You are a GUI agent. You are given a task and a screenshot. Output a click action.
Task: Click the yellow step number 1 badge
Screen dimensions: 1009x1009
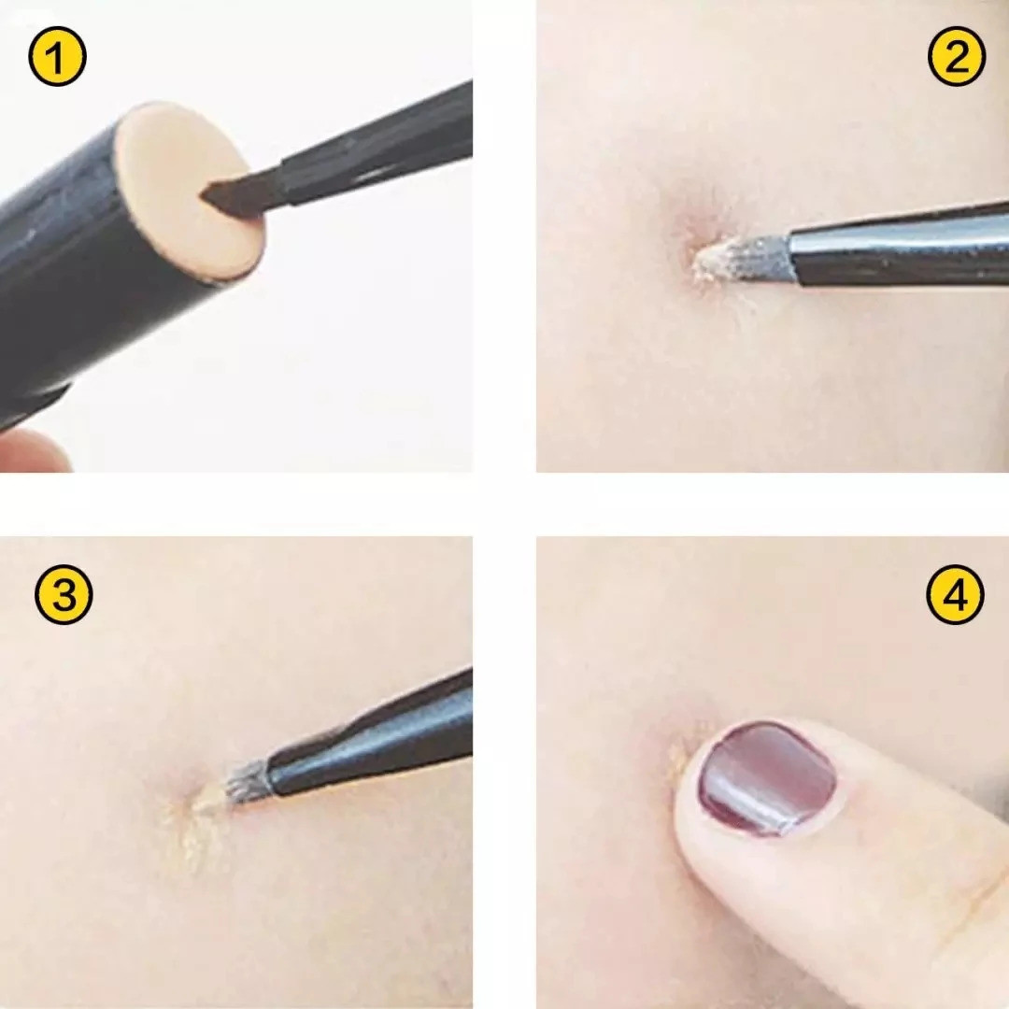point(57,57)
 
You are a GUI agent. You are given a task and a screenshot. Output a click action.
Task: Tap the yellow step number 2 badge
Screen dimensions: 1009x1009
point(957,57)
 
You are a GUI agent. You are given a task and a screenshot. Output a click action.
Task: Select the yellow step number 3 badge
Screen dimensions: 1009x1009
point(64,594)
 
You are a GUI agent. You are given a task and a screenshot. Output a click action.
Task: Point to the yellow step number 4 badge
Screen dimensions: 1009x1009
point(956,594)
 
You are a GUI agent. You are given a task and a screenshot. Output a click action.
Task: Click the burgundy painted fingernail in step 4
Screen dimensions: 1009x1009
point(767,778)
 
